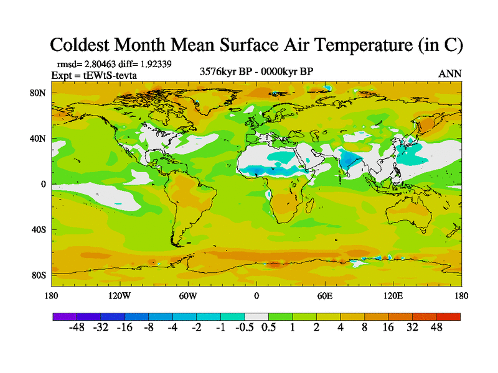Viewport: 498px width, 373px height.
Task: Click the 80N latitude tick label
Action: pyautogui.click(x=38, y=93)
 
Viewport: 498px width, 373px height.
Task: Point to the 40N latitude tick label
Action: pyautogui.click(x=38, y=139)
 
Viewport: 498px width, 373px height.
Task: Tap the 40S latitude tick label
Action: pyautogui.click(x=38, y=230)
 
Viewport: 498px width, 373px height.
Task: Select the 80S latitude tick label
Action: pyautogui.click(x=38, y=275)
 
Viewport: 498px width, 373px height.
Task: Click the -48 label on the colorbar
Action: pyautogui.click(x=77, y=328)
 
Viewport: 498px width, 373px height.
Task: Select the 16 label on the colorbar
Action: pyautogui.click(x=388, y=328)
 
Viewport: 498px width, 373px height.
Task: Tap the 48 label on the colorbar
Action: pyautogui.click(x=436, y=328)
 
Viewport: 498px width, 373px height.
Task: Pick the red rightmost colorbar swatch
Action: pyautogui.click(x=448, y=316)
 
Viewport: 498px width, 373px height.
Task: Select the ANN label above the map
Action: pyautogui.click(x=450, y=73)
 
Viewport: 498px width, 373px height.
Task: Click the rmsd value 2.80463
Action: pyautogui.click(x=101, y=63)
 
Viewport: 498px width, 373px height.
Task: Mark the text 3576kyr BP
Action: pyautogui.click(x=223, y=71)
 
